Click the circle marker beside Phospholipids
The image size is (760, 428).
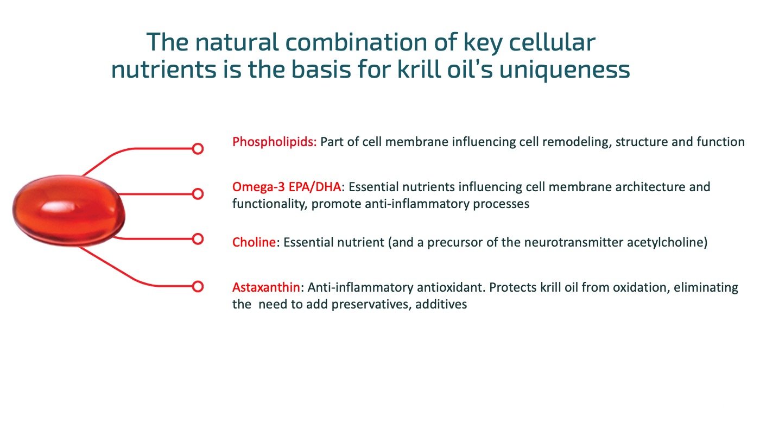(198, 148)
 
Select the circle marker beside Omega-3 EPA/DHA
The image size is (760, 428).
(198, 193)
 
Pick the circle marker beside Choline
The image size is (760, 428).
(198, 238)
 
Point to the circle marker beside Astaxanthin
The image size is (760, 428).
(198, 286)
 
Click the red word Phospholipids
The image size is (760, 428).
(274, 142)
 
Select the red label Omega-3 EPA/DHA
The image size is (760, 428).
(287, 187)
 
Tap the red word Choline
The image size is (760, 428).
(254, 243)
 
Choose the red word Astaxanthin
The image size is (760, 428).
(266, 287)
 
